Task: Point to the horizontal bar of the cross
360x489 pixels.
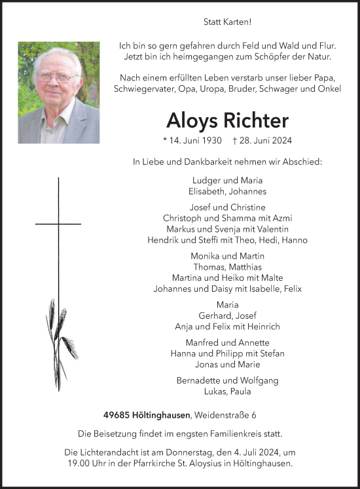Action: tap(58, 224)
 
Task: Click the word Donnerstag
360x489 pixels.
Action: tap(214, 453)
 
